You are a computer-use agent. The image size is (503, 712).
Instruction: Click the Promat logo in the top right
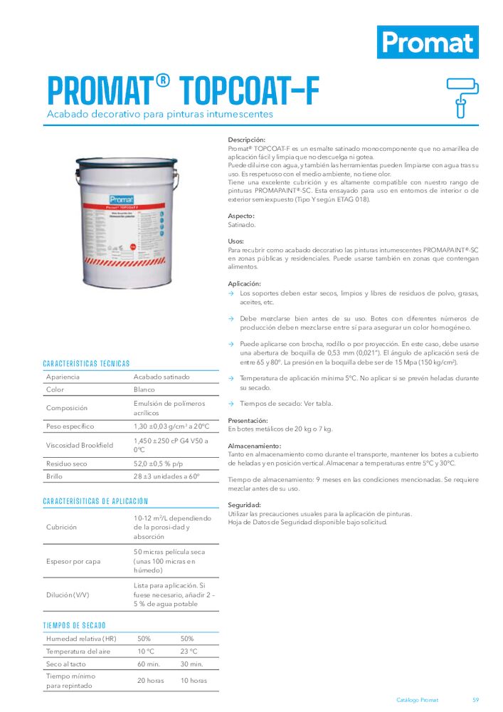coord(428,42)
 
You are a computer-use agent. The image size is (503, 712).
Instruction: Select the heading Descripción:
coord(246,140)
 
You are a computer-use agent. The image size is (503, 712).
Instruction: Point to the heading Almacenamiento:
coord(254,445)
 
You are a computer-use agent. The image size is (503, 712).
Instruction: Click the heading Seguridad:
coord(244,505)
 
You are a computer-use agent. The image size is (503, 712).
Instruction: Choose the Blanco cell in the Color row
coord(144,390)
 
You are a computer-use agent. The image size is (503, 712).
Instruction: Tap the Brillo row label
coord(55,476)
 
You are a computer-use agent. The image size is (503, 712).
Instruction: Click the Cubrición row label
coord(62,528)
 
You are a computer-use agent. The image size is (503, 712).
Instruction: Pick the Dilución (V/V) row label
coord(68,595)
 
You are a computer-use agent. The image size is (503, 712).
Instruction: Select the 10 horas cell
coord(194,681)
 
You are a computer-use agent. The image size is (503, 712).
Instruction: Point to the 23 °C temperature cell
coord(189,651)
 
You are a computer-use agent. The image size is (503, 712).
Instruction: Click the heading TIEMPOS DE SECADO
coord(75,625)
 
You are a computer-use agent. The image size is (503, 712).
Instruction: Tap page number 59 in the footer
coord(476,700)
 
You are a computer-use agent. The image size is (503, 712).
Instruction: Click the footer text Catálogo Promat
coord(417,700)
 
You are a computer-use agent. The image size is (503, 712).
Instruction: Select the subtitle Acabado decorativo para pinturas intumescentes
coord(159,114)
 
